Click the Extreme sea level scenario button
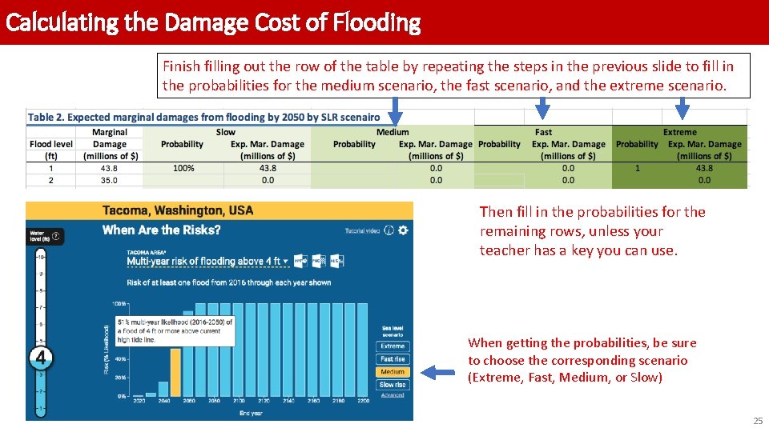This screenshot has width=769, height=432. [x=393, y=346]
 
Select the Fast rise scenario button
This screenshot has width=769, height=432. [x=393, y=359]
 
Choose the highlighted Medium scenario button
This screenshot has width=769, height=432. [x=393, y=372]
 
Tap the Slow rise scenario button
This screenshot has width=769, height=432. [x=393, y=385]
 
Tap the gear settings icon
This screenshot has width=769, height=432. [x=403, y=230]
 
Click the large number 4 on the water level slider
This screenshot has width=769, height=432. [x=42, y=358]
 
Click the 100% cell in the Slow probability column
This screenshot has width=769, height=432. [x=183, y=168]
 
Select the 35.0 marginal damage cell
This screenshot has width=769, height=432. [x=110, y=181]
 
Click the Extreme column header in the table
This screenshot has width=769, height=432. [x=679, y=132]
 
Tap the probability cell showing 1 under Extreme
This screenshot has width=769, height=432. [x=638, y=168]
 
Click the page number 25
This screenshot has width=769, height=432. [x=758, y=421]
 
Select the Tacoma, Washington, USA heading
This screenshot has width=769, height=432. [x=178, y=210]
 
